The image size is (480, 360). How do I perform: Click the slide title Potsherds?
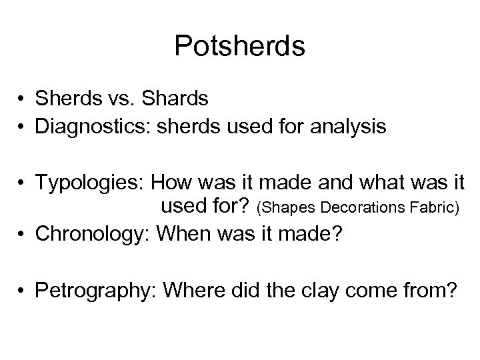239,47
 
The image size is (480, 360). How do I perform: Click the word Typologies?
89,182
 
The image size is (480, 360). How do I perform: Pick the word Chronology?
89,235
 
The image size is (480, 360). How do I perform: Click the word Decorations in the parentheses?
358,209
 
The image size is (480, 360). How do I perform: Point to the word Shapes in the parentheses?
287,209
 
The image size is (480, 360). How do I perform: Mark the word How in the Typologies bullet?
171,182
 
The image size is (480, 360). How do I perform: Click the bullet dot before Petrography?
23,291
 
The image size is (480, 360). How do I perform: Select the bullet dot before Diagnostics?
23,127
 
